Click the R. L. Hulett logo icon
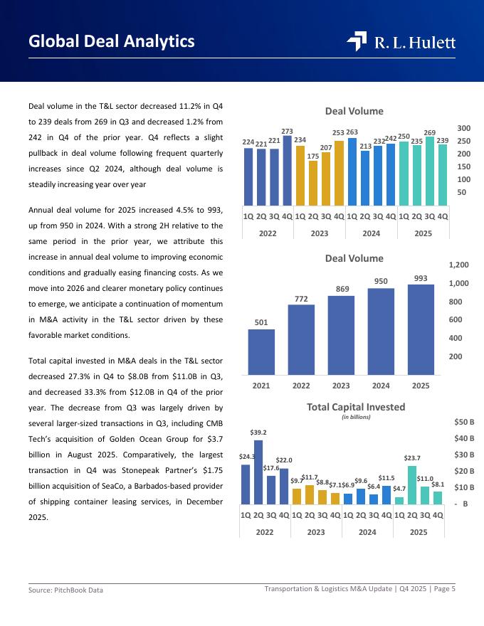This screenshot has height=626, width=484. coord(357,42)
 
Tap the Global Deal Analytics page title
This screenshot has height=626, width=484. coord(112,41)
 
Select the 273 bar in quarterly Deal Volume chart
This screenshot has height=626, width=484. coord(288,171)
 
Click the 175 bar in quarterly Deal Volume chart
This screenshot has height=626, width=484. coord(313,183)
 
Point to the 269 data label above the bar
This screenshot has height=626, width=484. coord(430,133)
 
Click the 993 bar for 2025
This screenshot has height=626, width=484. coord(421,330)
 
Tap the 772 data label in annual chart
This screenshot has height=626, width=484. coord(301,299)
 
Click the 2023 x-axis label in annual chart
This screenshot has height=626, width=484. coord(341,386)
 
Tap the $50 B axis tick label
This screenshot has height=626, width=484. coord(464,422)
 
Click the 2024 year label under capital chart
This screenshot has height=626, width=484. coord(367,531)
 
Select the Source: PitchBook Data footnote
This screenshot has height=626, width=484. coord(65,590)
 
